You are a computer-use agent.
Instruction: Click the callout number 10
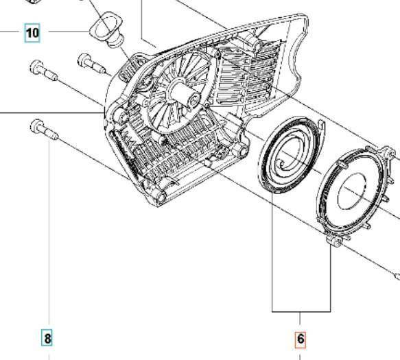pos(33,32)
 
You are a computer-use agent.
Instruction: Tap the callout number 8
pos(47,337)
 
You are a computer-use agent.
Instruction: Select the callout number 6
pos(301,339)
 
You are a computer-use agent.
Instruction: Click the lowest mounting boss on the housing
pos(160,197)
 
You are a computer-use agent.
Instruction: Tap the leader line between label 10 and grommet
pos(66,32)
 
